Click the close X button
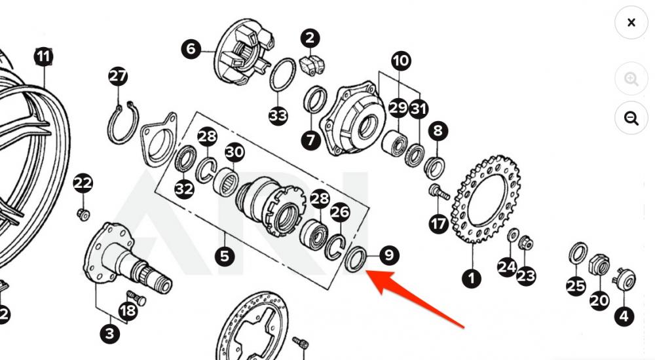631,23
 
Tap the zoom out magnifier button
631,118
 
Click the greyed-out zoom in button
631,79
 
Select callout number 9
388,255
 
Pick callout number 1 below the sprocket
471,278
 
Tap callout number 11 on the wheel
43,57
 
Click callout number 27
118,77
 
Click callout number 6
191,49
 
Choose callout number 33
278,117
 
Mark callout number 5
225,256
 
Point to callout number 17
438,224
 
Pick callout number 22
83,183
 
